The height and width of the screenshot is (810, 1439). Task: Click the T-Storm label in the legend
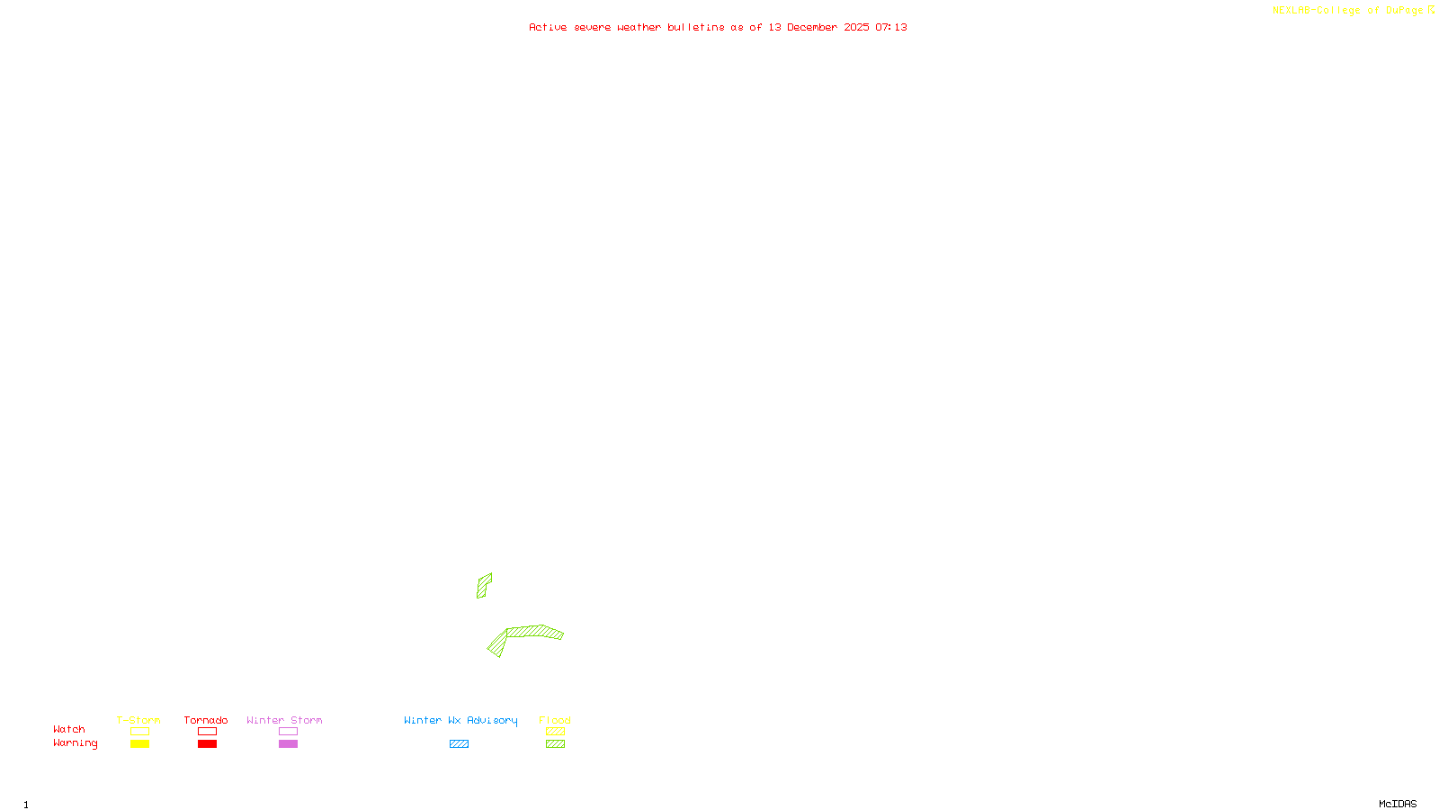139,720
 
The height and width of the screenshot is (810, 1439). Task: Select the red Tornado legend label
206,720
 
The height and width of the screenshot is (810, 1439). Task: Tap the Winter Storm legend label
284,720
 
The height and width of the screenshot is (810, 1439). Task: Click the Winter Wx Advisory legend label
460,720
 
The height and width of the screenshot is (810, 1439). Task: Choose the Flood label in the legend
555,720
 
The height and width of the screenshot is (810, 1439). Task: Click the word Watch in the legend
69,730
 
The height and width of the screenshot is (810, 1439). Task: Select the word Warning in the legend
76,743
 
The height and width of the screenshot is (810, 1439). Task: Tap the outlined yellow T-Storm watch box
139,732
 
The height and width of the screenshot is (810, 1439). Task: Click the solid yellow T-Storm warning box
139,744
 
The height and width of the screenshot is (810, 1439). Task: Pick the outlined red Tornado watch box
207,732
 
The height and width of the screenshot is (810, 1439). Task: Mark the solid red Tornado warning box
207,744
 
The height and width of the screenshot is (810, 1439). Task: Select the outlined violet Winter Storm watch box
288,732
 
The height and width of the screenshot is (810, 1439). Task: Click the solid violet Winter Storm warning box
288,744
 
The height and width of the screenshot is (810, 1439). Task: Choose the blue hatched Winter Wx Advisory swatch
459,744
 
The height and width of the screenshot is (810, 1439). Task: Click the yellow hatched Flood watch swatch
555,732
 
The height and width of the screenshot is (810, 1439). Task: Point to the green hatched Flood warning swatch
555,744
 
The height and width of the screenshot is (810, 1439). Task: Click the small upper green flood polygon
483,585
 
